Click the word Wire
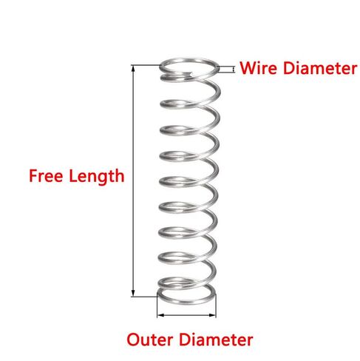[x=258, y=68]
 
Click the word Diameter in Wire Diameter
[x=319, y=68]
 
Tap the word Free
[x=46, y=175]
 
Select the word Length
[x=97, y=176]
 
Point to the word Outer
[x=149, y=340]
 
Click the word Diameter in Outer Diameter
[x=216, y=340]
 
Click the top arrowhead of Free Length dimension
[x=133, y=69]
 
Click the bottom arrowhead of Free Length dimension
[x=133, y=294]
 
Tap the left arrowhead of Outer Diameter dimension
[x=160, y=315]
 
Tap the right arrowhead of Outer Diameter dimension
[x=212, y=315]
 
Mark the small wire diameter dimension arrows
[x=233, y=70]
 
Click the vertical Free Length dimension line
[x=133, y=181]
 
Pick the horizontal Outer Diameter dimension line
[x=186, y=315]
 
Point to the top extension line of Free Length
[x=146, y=65]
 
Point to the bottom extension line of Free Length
[x=144, y=297]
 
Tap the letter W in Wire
[x=248, y=68]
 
